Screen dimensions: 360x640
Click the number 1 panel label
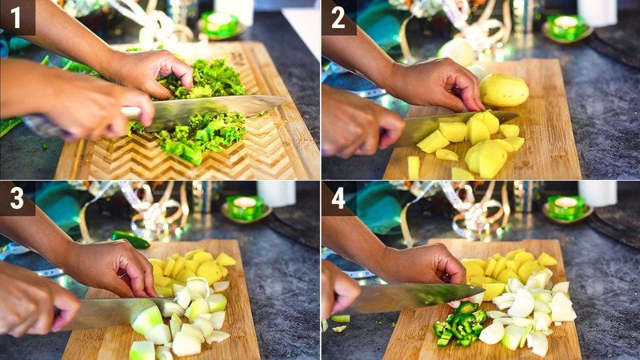17,17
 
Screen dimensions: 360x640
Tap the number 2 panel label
338,17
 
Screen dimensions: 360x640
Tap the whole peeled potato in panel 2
503,90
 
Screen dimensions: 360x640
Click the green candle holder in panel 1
220,24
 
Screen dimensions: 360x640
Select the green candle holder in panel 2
567,26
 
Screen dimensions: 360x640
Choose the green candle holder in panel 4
566,206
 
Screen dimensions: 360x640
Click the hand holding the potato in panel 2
436,84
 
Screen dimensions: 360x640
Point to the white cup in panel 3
276,193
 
